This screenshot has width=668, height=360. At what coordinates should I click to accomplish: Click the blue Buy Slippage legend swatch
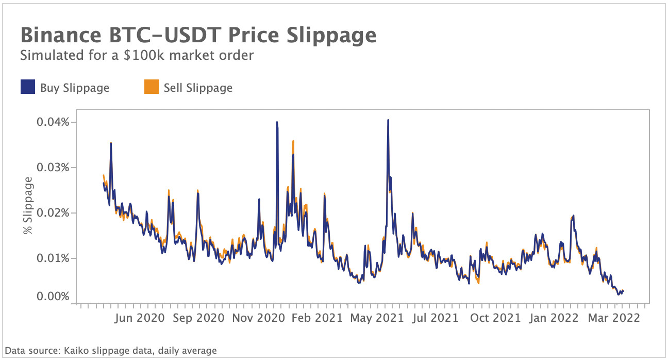28,87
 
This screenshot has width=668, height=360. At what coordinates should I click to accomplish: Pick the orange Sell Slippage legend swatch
151,87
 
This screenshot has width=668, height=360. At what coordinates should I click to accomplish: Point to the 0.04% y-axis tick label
53,122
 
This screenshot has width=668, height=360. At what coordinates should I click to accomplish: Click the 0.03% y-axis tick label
53,168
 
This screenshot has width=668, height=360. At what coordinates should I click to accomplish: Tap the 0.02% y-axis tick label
53,213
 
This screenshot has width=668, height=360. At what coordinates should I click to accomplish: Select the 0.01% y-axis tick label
53,258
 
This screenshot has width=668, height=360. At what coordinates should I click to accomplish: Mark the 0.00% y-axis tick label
53,297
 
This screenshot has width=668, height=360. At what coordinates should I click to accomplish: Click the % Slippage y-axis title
29,205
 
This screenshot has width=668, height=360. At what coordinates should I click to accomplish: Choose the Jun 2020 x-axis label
140,318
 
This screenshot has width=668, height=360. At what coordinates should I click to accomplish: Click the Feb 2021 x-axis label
317,318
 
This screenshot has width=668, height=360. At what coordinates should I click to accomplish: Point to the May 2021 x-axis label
377,318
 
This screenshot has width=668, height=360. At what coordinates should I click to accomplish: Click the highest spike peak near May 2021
388,120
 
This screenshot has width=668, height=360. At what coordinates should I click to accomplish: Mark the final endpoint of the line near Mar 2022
623,291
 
